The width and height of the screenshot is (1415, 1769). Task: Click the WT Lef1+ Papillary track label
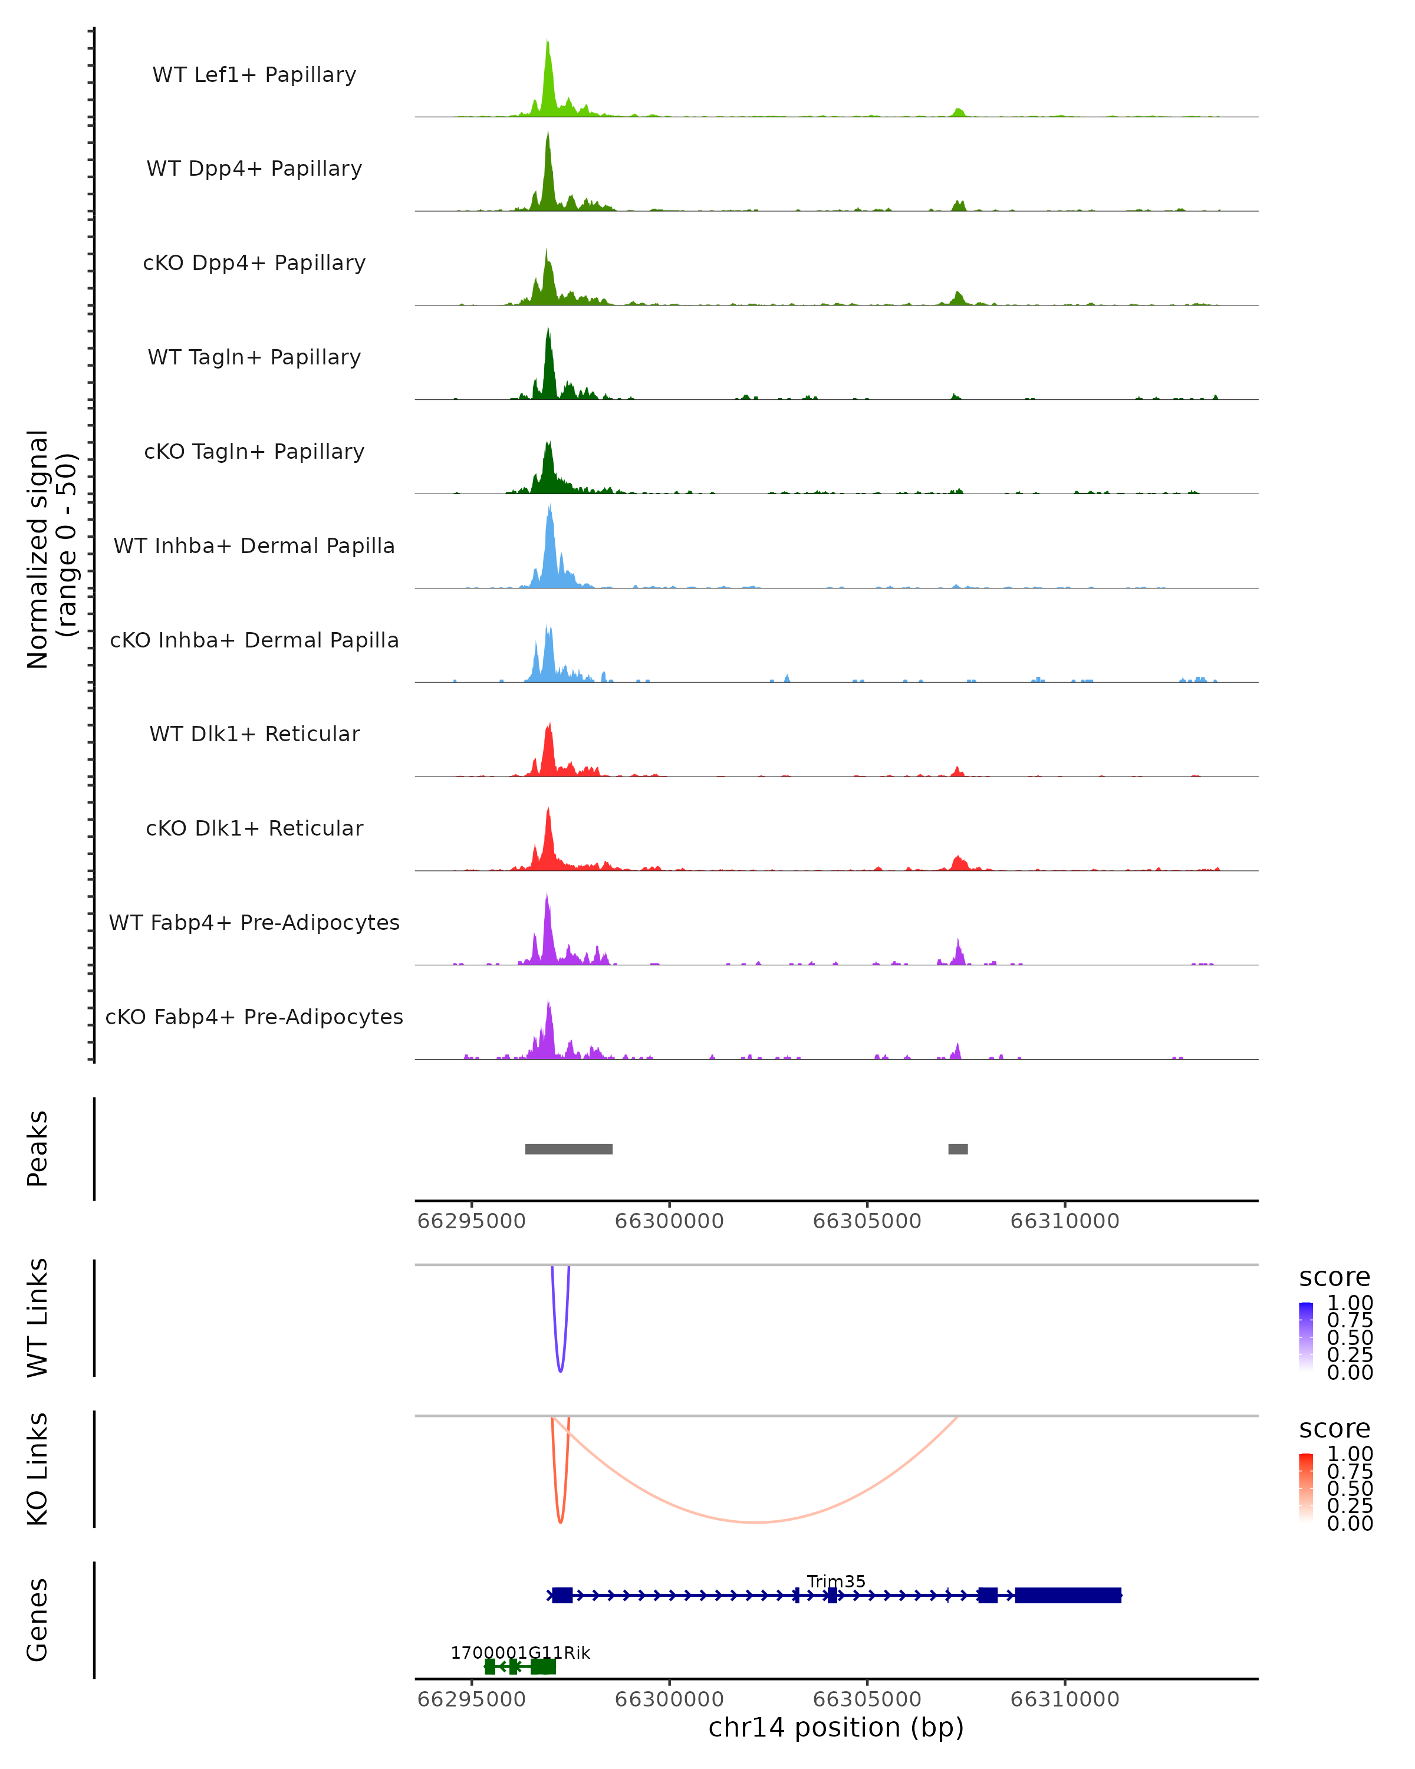coord(254,75)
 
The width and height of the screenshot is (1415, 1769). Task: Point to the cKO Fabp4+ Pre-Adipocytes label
coord(254,1017)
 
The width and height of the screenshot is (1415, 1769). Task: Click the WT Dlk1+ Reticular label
coord(254,734)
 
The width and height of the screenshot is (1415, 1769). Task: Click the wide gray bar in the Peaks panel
coord(568,1149)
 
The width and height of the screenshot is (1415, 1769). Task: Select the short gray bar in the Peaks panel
coord(957,1149)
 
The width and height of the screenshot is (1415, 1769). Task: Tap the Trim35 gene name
coord(836,1581)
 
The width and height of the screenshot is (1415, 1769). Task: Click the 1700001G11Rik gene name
coord(520,1652)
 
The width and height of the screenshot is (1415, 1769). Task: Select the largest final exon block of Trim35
coord(1068,1595)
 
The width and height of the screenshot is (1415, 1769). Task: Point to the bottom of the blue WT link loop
coord(560,1370)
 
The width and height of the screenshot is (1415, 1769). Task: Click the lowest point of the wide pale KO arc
coord(755,1522)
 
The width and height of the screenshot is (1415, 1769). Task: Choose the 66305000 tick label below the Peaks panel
coord(867,1221)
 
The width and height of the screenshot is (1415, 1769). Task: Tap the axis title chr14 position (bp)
coord(836,1727)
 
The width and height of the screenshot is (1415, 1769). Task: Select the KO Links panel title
coord(38,1469)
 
